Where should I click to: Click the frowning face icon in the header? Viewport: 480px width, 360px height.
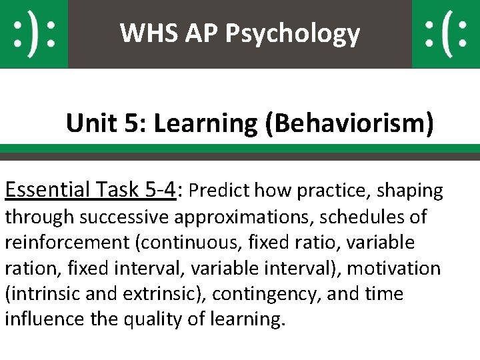[445, 34]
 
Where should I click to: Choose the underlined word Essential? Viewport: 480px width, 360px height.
[47, 191]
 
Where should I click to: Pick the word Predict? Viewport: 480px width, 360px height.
[218, 191]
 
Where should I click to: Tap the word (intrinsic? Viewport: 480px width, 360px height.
[40, 294]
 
